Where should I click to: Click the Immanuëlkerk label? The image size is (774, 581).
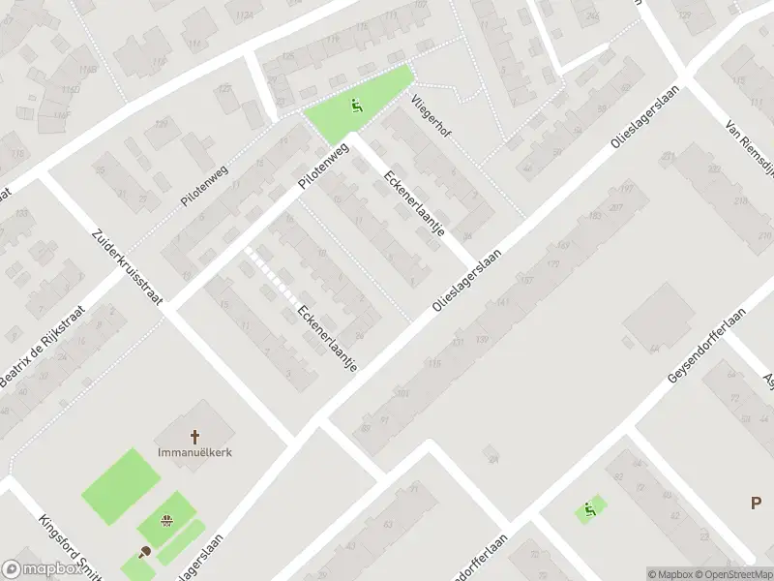(x=194, y=452)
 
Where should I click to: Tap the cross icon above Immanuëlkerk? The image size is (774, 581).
(x=194, y=437)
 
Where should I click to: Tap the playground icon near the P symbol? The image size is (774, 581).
(x=589, y=508)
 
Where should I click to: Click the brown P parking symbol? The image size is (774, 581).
(x=756, y=502)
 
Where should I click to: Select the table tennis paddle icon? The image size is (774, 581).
(x=145, y=552)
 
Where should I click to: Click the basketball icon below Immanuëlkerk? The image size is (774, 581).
(x=166, y=521)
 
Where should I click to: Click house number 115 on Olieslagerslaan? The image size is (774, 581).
(x=434, y=363)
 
